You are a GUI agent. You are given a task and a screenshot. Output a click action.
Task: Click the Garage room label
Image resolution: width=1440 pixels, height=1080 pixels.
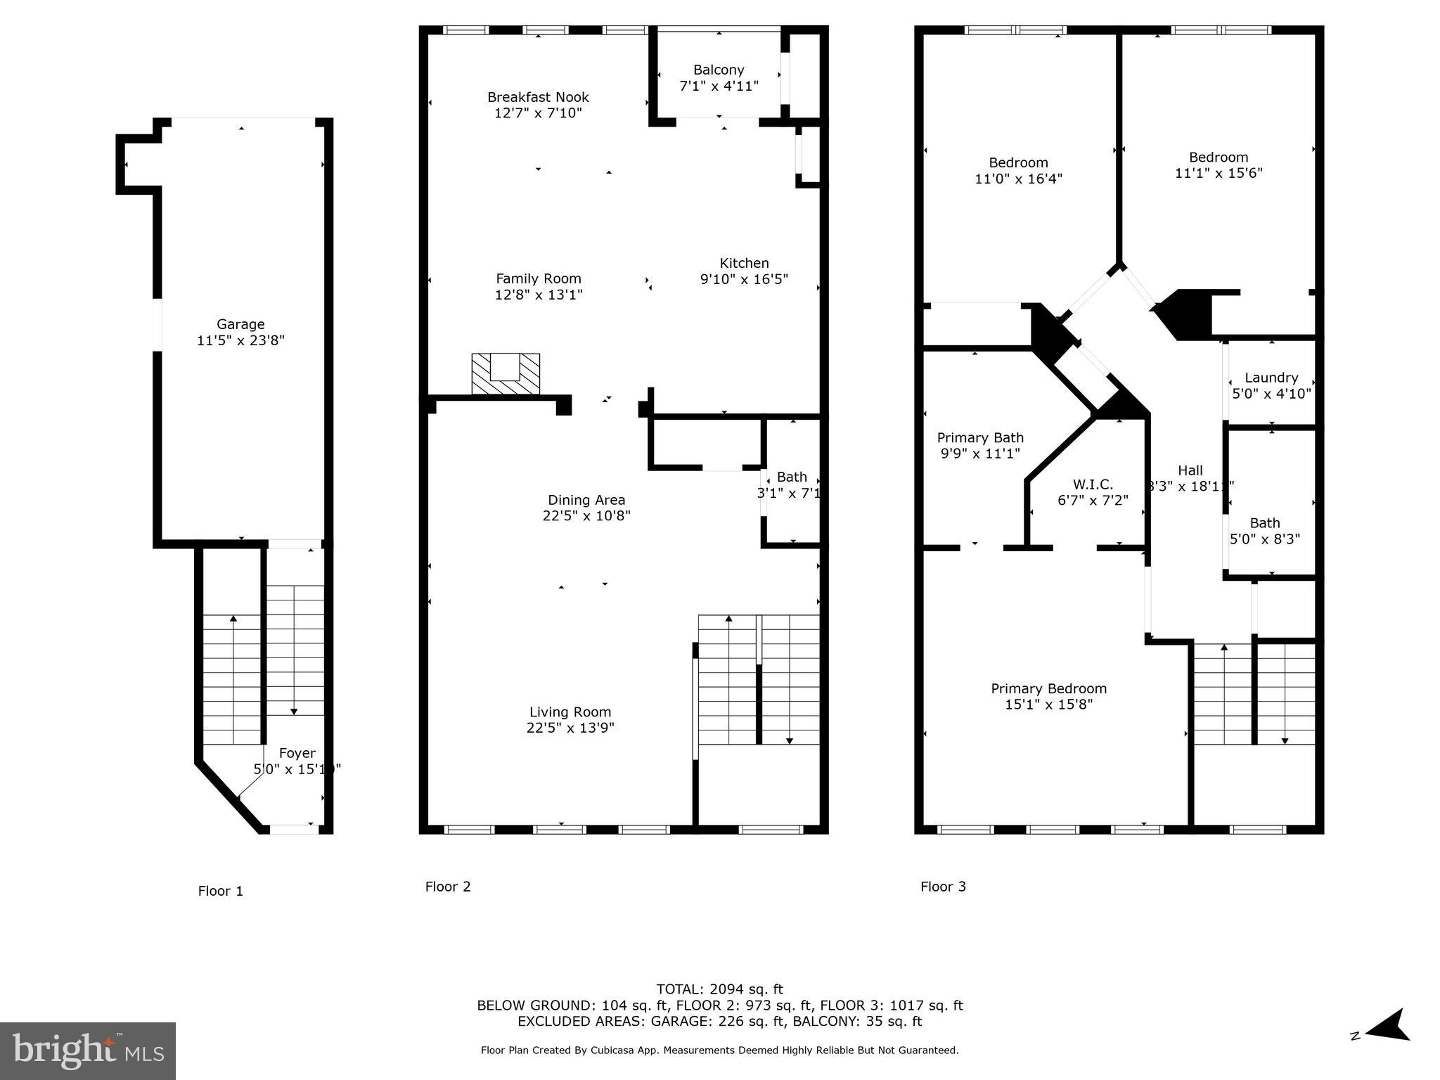click(240, 324)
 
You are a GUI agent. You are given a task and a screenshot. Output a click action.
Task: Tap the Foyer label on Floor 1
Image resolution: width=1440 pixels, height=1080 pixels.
click(297, 753)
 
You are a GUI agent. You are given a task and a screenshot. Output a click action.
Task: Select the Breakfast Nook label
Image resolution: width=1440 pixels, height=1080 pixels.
click(538, 97)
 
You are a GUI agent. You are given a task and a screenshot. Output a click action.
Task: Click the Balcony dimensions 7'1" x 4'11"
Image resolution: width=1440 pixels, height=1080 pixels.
click(719, 86)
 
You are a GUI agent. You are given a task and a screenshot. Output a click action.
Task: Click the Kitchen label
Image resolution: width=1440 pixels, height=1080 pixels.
click(744, 263)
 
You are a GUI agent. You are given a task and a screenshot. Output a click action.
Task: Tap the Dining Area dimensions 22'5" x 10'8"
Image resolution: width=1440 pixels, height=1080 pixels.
click(586, 515)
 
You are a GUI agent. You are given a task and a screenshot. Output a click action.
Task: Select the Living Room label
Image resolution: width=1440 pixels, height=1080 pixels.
click(570, 712)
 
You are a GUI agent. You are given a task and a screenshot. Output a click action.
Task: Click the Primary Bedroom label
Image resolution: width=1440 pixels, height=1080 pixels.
click(1048, 688)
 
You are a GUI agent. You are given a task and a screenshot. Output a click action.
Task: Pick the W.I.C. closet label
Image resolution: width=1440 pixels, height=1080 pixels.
click(1093, 484)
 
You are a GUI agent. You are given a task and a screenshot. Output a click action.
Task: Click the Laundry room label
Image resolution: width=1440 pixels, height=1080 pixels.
click(1271, 378)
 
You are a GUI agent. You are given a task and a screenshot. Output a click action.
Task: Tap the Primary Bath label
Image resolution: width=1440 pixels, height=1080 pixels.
click(980, 438)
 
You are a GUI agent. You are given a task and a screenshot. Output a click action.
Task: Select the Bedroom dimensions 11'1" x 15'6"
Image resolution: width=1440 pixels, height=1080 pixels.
click(1219, 173)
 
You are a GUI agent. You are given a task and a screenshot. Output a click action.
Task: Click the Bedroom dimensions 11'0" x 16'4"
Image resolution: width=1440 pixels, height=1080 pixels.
click(1018, 179)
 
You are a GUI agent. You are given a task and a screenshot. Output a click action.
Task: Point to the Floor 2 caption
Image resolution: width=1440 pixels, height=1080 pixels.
click(448, 887)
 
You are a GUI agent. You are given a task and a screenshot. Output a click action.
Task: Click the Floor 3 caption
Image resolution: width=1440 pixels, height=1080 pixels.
click(943, 887)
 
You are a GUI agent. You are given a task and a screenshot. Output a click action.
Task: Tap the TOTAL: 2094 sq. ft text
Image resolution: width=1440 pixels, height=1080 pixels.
click(719, 989)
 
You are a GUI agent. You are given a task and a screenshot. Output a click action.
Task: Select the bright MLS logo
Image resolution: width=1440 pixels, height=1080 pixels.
click(87, 1050)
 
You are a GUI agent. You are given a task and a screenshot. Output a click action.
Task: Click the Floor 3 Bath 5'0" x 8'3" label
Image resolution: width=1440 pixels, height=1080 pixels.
click(1264, 523)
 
